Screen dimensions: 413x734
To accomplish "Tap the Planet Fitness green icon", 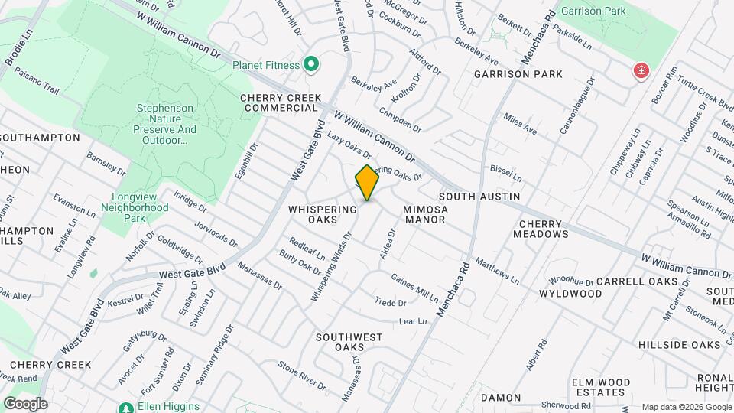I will pos(310,65).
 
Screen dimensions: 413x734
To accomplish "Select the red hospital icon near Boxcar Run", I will pos(640,72).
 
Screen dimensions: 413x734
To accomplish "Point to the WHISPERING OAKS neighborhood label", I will pos(323,214).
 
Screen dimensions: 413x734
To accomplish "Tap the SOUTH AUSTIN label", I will pos(479,197).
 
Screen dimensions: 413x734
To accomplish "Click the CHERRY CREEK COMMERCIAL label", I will pos(279,103).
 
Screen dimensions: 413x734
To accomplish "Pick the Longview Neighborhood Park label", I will pos(135,202).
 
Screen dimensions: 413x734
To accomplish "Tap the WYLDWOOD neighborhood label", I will pos(570,294).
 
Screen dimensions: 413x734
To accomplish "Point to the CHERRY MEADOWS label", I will pos(543,229).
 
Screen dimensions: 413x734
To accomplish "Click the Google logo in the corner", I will pos(25,403).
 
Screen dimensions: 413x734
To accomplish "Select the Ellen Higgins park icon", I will pos(125,407).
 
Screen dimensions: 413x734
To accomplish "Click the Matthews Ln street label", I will pos(497,271).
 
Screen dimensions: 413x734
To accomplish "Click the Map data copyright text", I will pos(686,407).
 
